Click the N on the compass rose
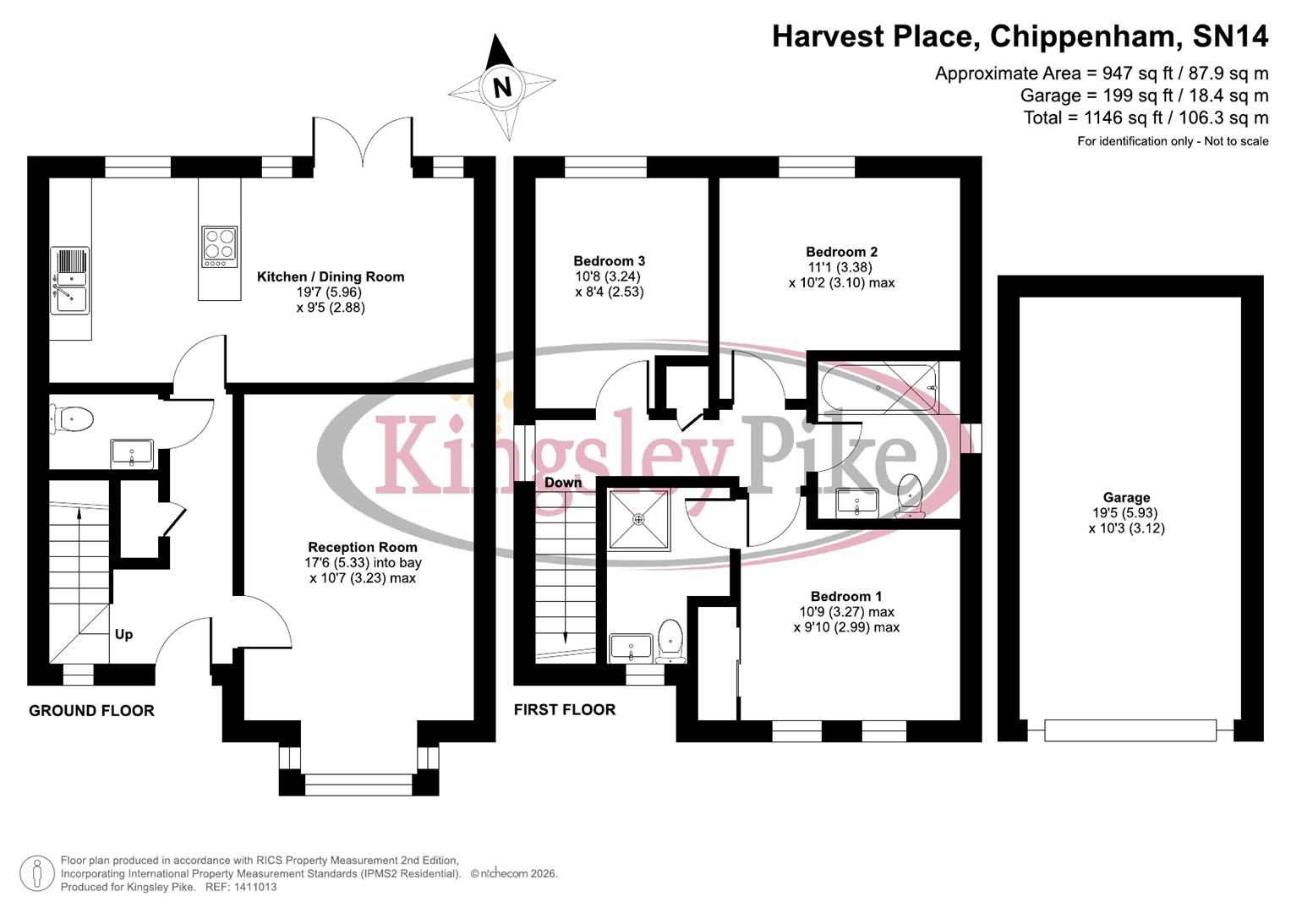(502, 86)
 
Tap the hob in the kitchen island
(219, 247)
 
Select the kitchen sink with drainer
(69, 280)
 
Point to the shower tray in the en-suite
(639, 519)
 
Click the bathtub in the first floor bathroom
(879, 388)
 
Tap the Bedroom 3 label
(609, 261)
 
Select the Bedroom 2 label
(841, 252)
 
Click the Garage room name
(1126, 498)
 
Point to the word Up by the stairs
(123, 634)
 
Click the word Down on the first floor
(563, 483)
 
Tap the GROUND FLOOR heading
(91, 711)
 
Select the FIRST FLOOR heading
(565, 710)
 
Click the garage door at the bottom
(1130, 730)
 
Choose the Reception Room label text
(362, 547)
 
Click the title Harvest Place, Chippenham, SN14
(1020, 36)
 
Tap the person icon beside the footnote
(36, 873)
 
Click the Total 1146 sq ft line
(1146, 118)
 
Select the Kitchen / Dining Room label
(331, 276)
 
